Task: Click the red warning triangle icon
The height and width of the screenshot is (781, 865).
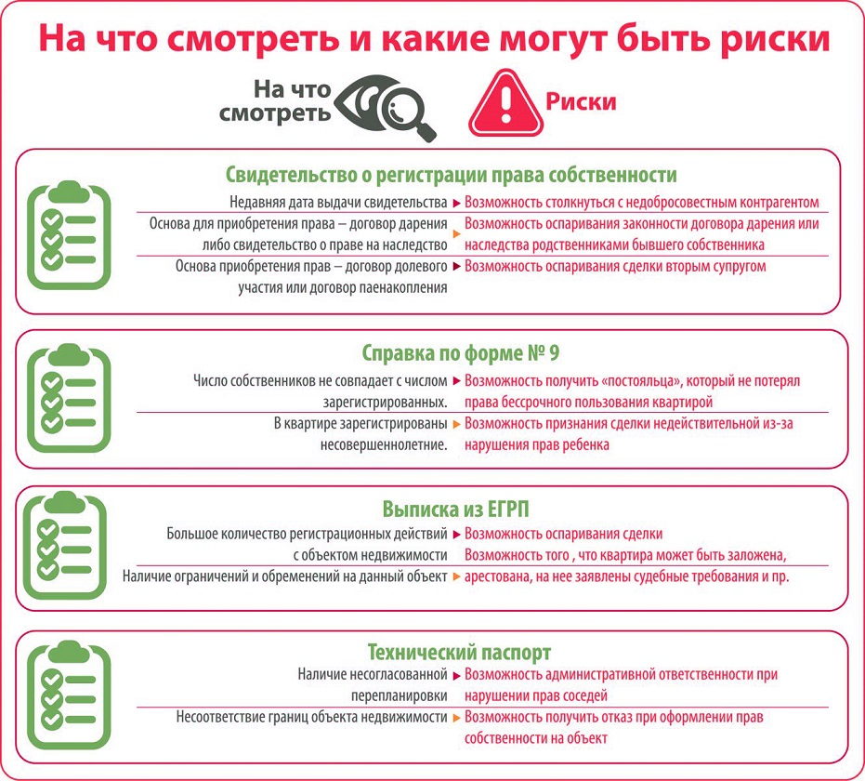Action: (505, 104)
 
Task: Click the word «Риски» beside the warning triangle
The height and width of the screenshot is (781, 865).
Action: (581, 102)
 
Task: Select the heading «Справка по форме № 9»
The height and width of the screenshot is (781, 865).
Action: (460, 352)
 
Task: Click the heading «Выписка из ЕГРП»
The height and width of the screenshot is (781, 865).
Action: (455, 509)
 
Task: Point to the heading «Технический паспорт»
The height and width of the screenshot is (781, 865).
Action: (459, 652)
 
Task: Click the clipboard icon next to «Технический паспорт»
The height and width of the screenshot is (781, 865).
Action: (69, 694)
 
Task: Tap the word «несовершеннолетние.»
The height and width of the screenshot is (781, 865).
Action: (384, 444)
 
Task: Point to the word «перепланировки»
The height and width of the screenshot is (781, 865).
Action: (399, 696)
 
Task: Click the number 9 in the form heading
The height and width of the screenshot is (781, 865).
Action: (555, 352)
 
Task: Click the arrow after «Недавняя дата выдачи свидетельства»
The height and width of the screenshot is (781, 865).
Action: (457, 203)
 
